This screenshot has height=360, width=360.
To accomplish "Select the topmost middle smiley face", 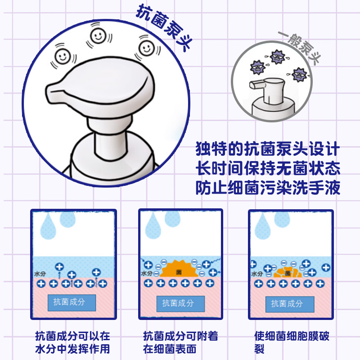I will pyautogui.click(x=98, y=35).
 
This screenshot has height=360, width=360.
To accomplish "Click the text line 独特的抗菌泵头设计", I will pyautogui.click(x=268, y=149).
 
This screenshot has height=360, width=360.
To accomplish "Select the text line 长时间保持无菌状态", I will pyautogui.click(x=268, y=169).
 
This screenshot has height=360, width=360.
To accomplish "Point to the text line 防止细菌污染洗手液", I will pyautogui.click(x=268, y=189).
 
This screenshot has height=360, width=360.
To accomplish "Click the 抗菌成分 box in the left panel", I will pyautogui.click(x=72, y=302).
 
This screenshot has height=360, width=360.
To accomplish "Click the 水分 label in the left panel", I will pyautogui.click(x=40, y=273).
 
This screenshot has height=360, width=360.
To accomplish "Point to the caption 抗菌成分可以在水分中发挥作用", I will pyautogui.click(x=72, y=342).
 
